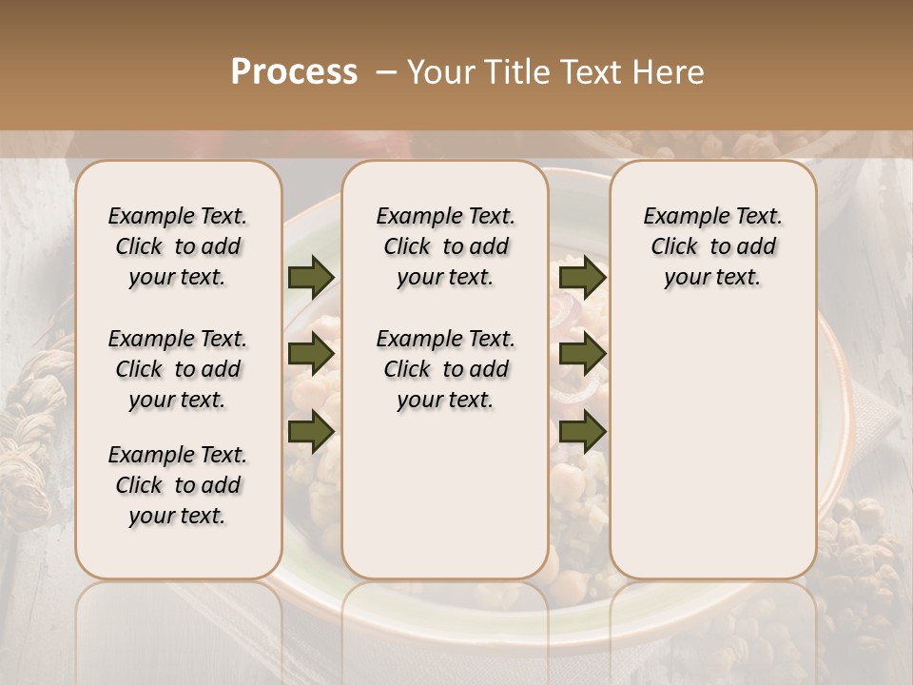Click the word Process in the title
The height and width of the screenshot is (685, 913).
(294, 72)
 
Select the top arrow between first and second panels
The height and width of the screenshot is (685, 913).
(311, 277)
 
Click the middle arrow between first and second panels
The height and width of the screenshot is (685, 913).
(311, 354)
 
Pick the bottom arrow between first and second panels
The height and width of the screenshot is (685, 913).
(311, 432)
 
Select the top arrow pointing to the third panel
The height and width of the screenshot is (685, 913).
(582, 277)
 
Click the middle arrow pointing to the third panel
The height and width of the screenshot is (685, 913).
(582, 354)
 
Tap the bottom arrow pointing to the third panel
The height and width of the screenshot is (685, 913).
(582, 432)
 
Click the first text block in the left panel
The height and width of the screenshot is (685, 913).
(178, 246)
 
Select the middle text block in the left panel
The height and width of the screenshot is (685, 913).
(178, 369)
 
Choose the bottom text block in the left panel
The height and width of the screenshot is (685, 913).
(178, 485)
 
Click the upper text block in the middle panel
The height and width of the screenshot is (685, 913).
(445, 246)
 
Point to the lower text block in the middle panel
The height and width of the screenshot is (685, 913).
(445, 369)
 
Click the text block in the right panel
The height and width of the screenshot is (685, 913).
(712, 246)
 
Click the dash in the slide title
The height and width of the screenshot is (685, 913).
(385, 72)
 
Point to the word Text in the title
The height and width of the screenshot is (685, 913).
(586, 72)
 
